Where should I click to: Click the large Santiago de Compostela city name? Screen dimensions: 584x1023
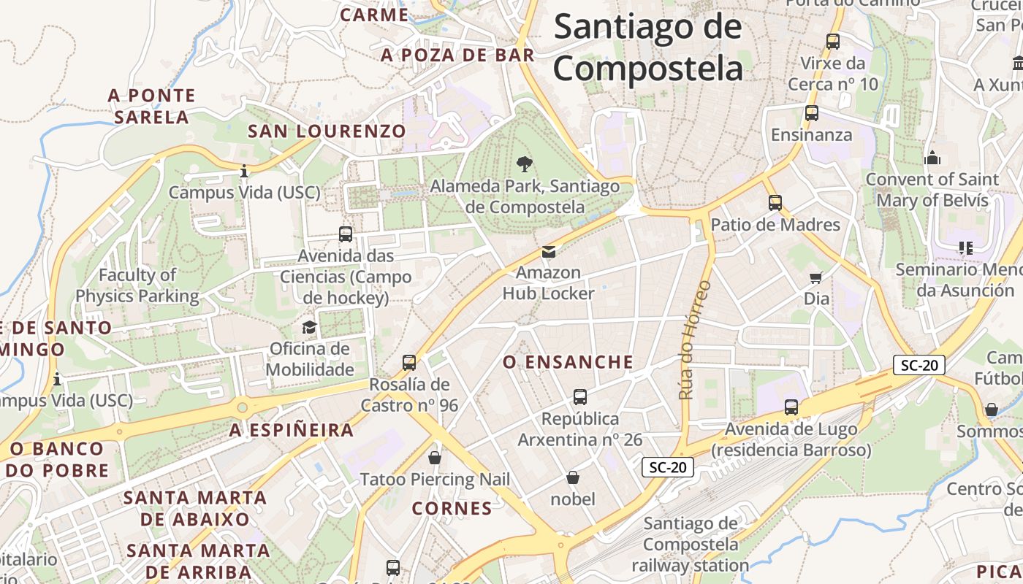click(x=647, y=47)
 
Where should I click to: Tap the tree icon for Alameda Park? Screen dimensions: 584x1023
click(x=524, y=164)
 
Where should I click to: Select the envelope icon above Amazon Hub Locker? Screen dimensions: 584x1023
click(x=548, y=252)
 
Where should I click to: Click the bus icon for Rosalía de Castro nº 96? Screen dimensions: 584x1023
click(x=409, y=362)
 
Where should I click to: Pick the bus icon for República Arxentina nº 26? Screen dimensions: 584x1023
click(x=580, y=397)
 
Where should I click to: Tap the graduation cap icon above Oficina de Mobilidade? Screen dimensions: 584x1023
click(x=309, y=327)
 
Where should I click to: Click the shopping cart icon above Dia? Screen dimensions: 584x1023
click(x=816, y=277)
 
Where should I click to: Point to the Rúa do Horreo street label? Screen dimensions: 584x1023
click(x=695, y=340)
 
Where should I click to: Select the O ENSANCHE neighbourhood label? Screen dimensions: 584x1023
click(x=568, y=362)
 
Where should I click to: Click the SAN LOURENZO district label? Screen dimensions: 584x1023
click(x=327, y=131)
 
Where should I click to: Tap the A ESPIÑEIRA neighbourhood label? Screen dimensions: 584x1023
click(x=292, y=431)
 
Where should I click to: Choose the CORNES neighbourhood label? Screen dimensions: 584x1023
click(x=452, y=508)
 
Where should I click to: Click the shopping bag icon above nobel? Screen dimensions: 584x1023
click(x=573, y=477)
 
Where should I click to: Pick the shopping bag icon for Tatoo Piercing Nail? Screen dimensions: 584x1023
click(x=435, y=458)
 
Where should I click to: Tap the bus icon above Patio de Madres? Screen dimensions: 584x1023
click(x=775, y=202)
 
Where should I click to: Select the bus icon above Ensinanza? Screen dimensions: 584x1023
click(x=811, y=113)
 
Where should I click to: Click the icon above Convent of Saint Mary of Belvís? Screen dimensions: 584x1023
click(x=932, y=158)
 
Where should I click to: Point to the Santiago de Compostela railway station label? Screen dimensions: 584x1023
click(x=691, y=544)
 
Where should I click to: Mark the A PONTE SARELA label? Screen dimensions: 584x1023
click(x=152, y=106)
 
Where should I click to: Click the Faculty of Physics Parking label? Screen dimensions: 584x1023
click(x=137, y=285)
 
